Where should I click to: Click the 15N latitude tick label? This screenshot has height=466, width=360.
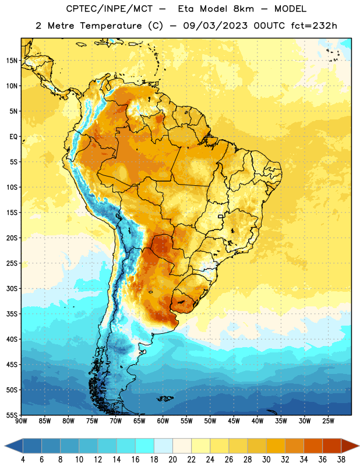click(x=12, y=61)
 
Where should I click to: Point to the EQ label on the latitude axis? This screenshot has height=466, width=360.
click(x=13, y=137)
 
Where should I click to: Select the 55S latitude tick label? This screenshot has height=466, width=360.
click(x=12, y=415)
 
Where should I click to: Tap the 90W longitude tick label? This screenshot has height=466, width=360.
click(x=21, y=421)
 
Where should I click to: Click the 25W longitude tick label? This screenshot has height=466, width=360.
click(x=328, y=421)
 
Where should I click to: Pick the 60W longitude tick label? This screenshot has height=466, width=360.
click(x=163, y=421)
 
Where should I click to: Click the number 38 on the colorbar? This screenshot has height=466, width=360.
click(x=341, y=460)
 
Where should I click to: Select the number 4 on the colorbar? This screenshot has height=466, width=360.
click(x=23, y=460)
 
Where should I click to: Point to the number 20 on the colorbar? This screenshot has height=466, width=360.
click(x=172, y=460)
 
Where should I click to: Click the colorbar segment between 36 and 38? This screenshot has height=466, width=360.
click(x=332, y=446)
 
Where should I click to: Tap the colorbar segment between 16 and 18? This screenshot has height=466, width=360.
click(x=145, y=446)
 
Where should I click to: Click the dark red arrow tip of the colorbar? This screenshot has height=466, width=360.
click(x=358, y=446)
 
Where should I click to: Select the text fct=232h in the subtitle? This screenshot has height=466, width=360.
click(x=314, y=26)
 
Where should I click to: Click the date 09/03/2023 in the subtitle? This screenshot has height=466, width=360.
click(x=215, y=26)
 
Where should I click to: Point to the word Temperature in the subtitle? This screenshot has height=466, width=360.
click(x=111, y=26)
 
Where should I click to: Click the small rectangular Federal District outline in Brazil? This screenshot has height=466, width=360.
click(x=221, y=216)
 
